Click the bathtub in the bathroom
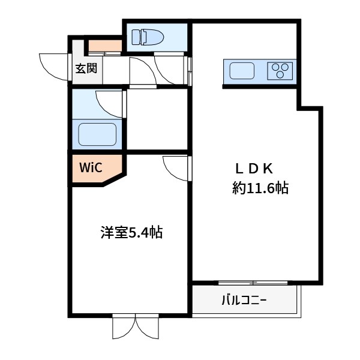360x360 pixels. point(98,133)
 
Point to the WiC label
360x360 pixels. point(91,167)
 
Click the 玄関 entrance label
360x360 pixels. point(86,68)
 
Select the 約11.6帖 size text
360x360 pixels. point(260,188)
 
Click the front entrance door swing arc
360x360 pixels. point(53,65)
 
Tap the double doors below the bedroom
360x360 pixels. point(136,327)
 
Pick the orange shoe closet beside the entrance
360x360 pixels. point(106,46)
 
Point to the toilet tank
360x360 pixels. point(135,38)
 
